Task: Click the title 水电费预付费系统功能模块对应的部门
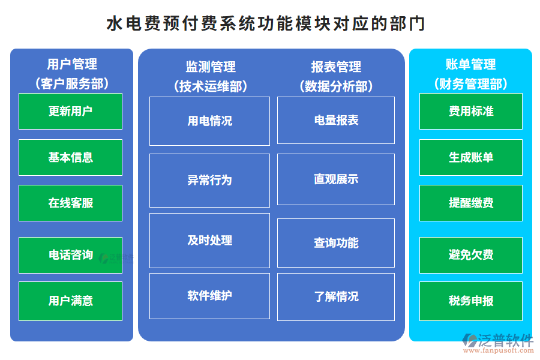point(266,23)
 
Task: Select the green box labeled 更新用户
point(70,111)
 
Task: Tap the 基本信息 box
point(70,157)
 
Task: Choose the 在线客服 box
point(70,203)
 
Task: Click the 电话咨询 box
point(70,255)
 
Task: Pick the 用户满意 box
point(70,301)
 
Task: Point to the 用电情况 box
point(209,121)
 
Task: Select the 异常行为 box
point(209,180)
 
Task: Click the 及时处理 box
point(209,240)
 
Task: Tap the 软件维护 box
point(209,296)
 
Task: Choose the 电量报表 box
point(336,120)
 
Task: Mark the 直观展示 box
point(336,179)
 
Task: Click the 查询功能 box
point(336,242)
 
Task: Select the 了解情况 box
point(336,296)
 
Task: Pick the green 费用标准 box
point(471,111)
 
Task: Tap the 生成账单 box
point(471,157)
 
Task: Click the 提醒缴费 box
point(471,203)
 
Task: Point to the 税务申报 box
point(471,301)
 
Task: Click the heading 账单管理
point(470,64)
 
